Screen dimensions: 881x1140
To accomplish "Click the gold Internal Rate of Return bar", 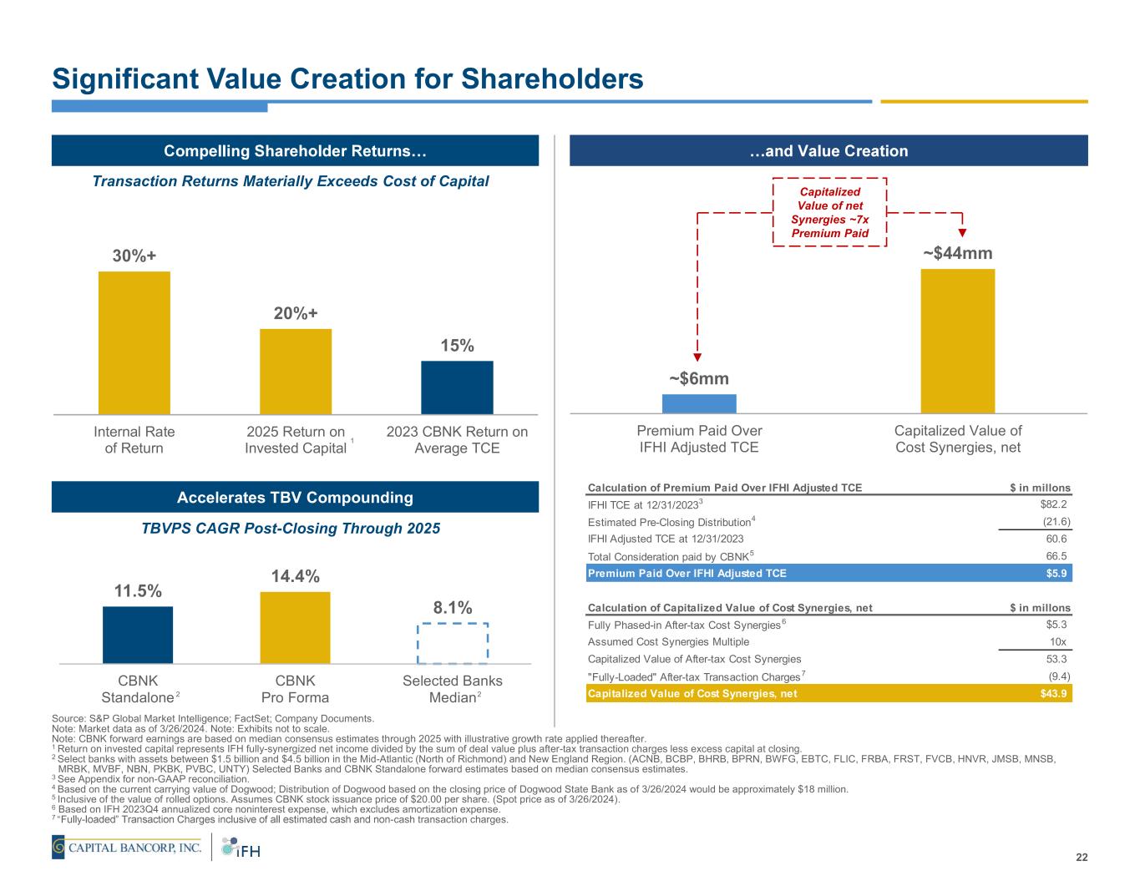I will tap(134, 342).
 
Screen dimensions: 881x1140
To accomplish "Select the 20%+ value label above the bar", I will tap(296, 313).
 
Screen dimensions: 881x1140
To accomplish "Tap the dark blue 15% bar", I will tap(457, 387).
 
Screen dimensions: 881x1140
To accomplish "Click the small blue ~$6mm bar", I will tap(699, 403).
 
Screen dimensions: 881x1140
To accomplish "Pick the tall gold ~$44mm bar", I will tap(957, 341).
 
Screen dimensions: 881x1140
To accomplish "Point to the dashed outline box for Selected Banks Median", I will tap(452, 643).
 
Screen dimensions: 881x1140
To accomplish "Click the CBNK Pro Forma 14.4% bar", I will tap(295, 627).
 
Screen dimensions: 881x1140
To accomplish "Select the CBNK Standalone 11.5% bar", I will tap(138, 635).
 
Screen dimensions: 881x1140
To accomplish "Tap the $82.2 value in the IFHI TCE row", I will tap(1053, 504).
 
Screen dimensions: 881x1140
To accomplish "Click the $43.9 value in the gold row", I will tap(1054, 694).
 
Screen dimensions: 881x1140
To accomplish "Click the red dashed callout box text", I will tap(828, 212).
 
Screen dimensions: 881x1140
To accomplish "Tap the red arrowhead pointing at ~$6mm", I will tap(697, 360).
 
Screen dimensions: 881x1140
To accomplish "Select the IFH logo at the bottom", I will tap(241, 848).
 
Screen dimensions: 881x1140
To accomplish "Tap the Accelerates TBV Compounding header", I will tap(295, 498).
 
